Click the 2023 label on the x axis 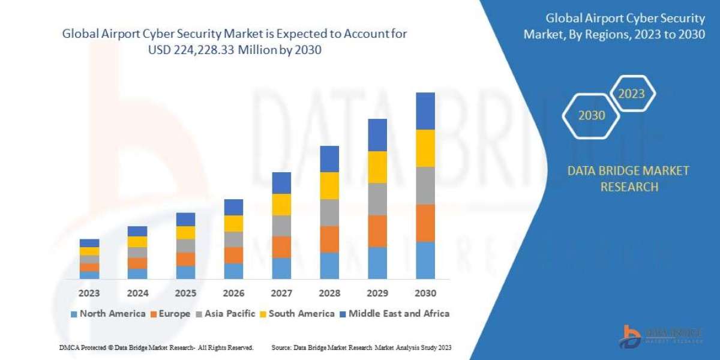[89, 294]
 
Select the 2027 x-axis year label [281, 294]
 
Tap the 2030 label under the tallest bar [425, 294]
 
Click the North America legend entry [108, 313]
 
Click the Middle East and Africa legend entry [394, 313]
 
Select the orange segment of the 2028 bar [329, 239]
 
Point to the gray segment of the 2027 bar [281, 226]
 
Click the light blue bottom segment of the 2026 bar [233, 271]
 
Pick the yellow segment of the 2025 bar [185, 233]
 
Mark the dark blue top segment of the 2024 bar [137, 231]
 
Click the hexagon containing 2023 [631, 94]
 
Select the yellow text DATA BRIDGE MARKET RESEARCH [628, 179]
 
